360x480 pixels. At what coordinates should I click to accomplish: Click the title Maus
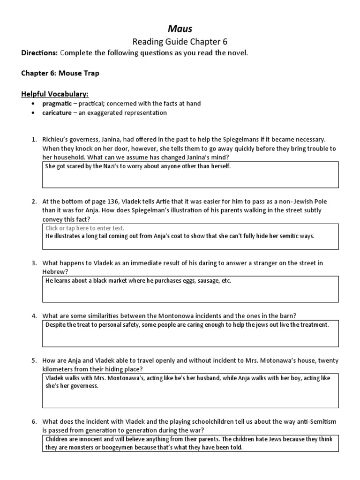(x=180, y=29)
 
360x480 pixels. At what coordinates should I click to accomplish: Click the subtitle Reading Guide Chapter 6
(x=180, y=41)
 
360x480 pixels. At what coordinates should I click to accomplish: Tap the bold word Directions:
(x=39, y=53)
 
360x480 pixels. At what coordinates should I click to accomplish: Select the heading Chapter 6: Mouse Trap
(x=60, y=74)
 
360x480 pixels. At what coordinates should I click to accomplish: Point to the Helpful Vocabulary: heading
(x=54, y=94)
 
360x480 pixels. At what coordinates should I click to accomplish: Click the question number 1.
(x=34, y=140)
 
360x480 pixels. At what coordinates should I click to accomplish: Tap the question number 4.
(x=34, y=315)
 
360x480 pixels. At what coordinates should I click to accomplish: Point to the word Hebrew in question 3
(x=54, y=271)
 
